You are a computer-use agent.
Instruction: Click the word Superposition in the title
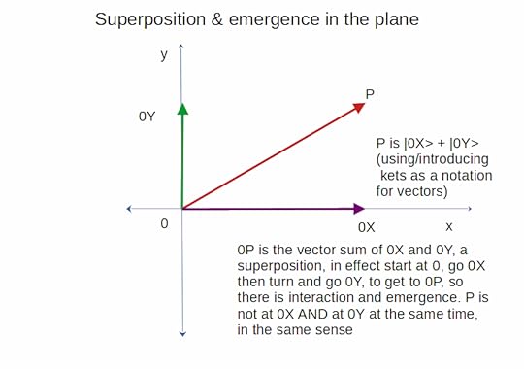pos(150,19)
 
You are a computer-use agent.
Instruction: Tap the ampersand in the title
pos(217,19)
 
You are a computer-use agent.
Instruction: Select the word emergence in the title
pos(274,20)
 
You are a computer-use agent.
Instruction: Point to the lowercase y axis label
pos(164,54)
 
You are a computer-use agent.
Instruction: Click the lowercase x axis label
pos(449,227)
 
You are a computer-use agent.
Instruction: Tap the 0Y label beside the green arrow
pos(147,117)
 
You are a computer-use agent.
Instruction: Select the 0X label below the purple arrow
pos(366,227)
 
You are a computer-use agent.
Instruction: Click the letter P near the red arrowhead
pos(370,94)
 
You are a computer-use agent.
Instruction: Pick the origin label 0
pos(164,223)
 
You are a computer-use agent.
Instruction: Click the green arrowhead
pos(182,109)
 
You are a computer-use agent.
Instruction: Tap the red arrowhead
pos(359,108)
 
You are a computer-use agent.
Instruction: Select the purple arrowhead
pos(359,209)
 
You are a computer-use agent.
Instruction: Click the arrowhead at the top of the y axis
pos(181,46)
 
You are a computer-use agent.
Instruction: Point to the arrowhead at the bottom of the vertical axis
pos(182,333)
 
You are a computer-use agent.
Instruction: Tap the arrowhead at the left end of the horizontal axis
pos(129,209)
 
